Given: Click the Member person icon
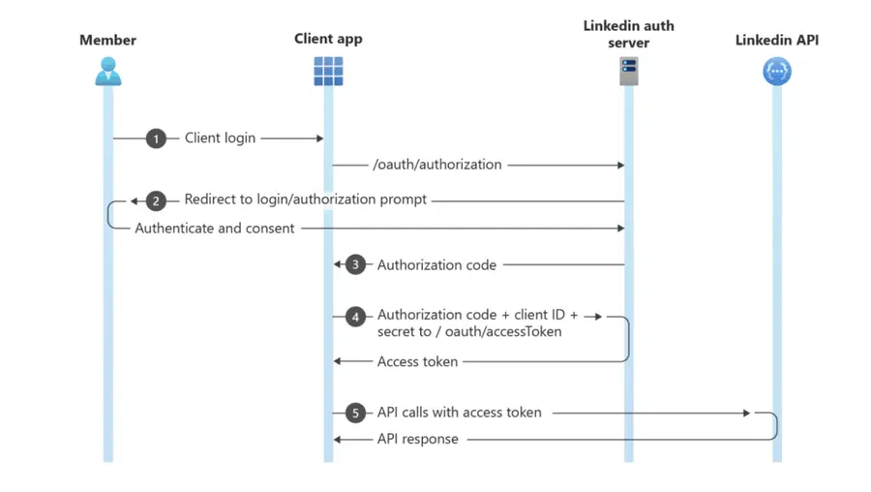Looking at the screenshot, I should click(107, 72).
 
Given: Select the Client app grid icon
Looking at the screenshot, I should click(328, 72).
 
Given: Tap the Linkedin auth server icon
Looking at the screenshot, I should click(629, 72).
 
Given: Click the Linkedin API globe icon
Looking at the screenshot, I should click(776, 72).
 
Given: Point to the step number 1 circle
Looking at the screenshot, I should click(157, 138).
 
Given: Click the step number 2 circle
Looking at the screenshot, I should click(157, 200).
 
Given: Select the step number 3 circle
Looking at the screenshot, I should click(356, 264).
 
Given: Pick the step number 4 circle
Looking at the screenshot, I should click(356, 316).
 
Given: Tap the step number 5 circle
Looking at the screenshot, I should click(356, 413).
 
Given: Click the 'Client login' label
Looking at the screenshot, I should click(221, 138).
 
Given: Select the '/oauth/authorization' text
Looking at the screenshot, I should click(437, 166).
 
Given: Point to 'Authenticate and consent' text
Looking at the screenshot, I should click(215, 229).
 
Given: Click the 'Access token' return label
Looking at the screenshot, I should click(417, 361).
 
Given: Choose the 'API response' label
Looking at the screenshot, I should click(417, 439).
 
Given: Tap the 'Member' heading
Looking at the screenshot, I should click(107, 40).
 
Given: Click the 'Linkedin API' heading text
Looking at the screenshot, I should click(776, 40).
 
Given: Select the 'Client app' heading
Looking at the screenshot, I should click(328, 39).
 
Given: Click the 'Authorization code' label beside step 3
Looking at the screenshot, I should click(436, 264).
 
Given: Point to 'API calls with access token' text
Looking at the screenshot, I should click(459, 413).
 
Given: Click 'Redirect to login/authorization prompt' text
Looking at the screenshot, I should click(306, 200).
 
